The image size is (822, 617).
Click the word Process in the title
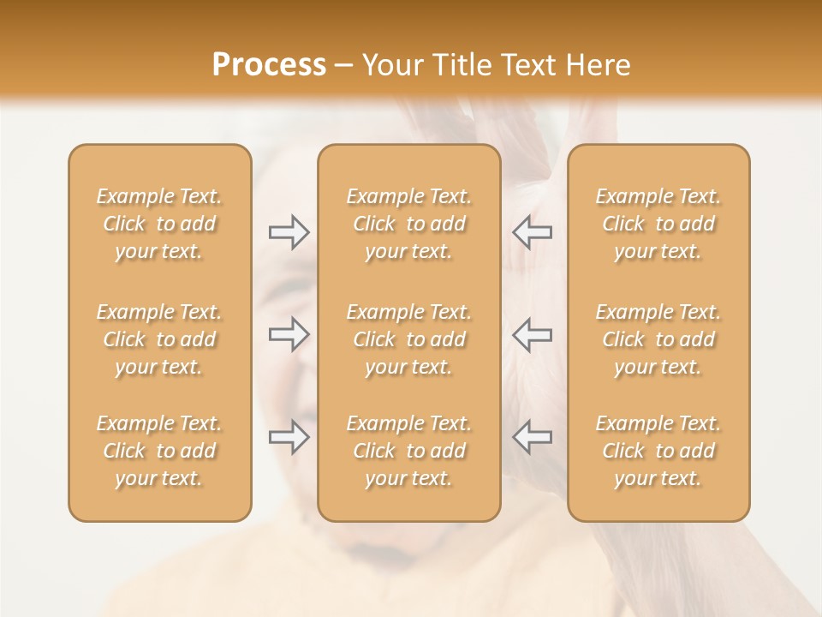(x=269, y=65)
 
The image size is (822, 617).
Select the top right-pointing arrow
(x=289, y=232)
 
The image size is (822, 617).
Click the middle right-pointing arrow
(x=289, y=334)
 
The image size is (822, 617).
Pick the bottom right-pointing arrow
(x=289, y=437)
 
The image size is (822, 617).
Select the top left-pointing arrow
(x=532, y=232)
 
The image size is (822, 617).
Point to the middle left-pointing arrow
(x=532, y=334)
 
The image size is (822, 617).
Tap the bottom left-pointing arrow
(x=532, y=437)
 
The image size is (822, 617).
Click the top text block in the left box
(x=159, y=224)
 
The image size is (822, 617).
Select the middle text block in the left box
(x=159, y=339)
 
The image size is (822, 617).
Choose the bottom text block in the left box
(x=159, y=451)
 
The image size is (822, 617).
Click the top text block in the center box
(x=408, y=224)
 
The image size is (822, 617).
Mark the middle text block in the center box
(x=408, y=339)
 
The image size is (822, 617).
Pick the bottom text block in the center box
(x=408, y=451)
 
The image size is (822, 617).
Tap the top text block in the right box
(x=658, y=224)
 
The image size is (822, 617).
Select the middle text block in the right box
(x=658, y=339)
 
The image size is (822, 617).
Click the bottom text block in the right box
(x=658, y=451)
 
